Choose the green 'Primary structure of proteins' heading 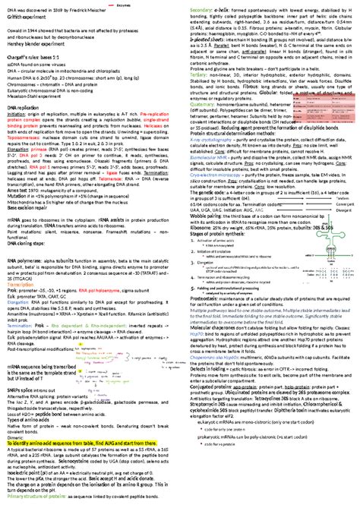42,503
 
